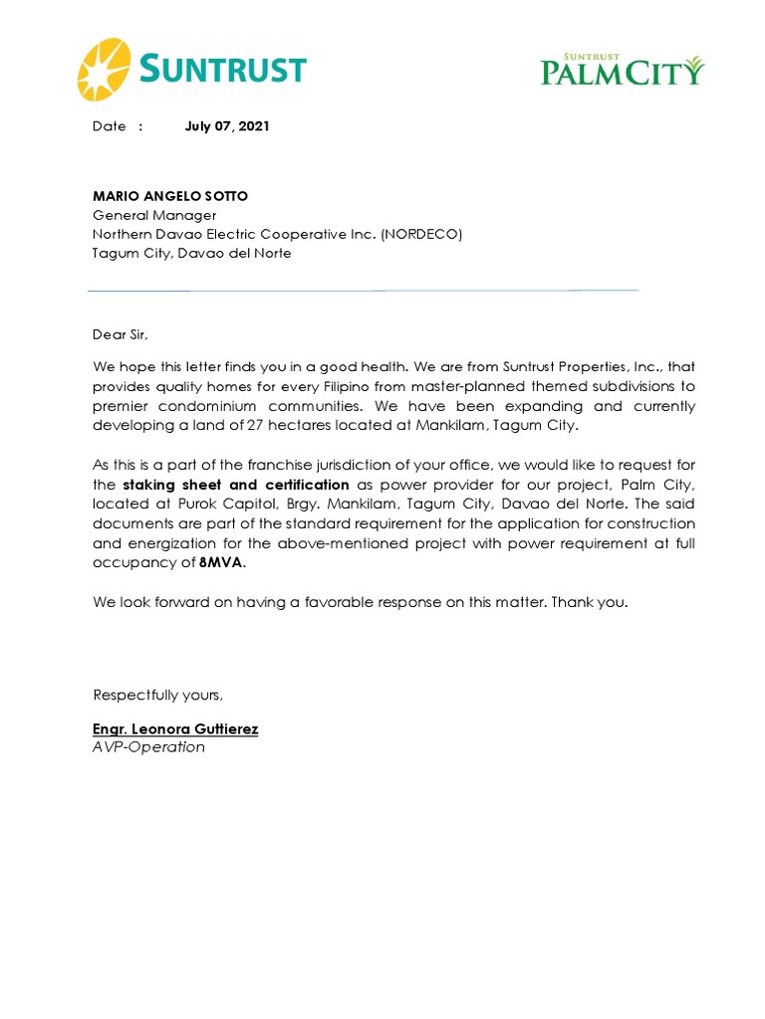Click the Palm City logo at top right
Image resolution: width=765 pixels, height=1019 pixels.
[623, 70]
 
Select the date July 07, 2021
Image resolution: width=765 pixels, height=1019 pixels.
[227, 126]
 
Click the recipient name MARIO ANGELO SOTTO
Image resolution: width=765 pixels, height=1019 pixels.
[170, 196]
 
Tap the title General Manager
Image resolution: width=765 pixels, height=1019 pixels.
[154, 215]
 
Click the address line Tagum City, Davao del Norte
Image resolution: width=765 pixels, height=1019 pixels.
[191, 253]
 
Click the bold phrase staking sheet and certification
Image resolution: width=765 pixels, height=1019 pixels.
[236, 485]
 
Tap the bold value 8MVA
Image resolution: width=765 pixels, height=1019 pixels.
[221, 562]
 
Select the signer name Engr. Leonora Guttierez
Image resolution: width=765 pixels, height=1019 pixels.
[175, 729]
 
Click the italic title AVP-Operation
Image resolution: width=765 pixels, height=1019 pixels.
[148, 747]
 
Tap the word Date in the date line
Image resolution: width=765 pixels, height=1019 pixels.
[109, 126]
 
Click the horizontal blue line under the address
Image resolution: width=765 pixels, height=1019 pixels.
[363, 291]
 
